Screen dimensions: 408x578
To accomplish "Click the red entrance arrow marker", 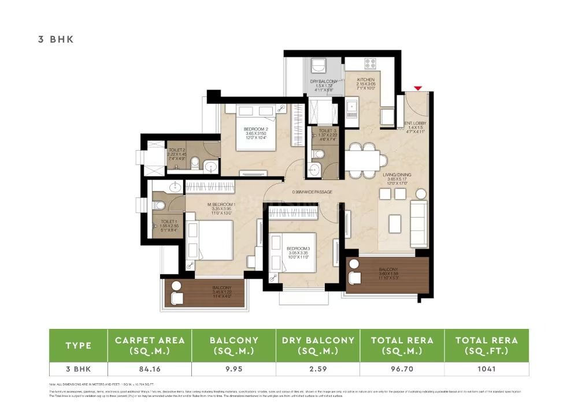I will point(418,88).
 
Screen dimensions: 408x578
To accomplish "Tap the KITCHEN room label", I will point(365,80).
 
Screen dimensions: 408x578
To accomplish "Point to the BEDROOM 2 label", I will point(255,129).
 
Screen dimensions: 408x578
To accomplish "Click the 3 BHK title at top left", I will point(55,40).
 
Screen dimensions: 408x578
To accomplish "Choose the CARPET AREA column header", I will point(150,345).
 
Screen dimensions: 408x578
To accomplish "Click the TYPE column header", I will point(78,345).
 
